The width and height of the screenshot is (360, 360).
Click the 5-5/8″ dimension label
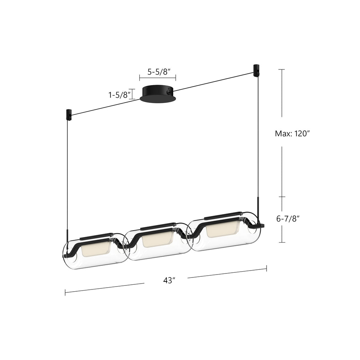(157, 72)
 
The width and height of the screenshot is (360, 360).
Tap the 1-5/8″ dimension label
(119, 95)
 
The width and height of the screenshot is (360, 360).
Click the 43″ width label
(169, 280)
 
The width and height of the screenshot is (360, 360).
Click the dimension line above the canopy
(157, 77)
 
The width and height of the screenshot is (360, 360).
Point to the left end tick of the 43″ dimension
(65, 292)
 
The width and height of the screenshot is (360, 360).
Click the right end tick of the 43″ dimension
(267, 268)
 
